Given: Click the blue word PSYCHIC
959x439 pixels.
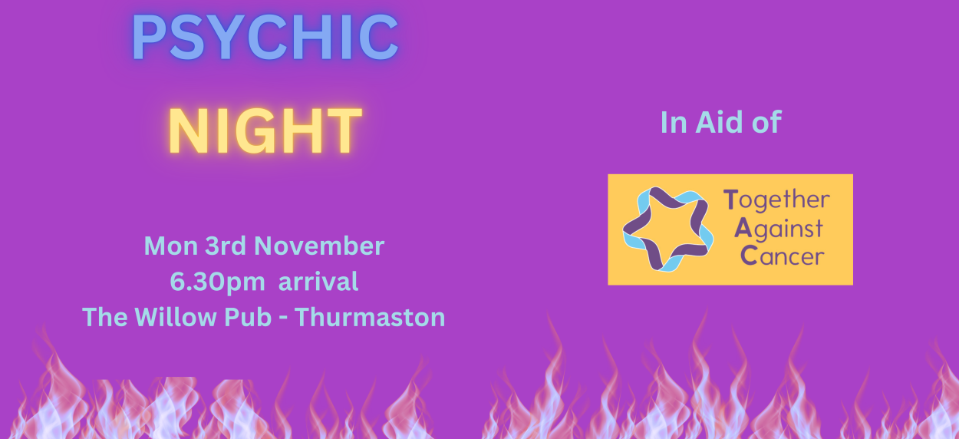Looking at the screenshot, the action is [x=265, y=38].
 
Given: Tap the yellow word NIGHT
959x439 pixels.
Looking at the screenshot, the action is [x=265, y=130].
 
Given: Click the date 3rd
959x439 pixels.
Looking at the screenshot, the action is [x=226, y=246].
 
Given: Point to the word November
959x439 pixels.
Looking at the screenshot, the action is [x=319, y=246].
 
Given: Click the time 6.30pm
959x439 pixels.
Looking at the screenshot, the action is [x=217, y=282].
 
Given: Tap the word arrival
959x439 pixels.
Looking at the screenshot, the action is [x=318, y=282].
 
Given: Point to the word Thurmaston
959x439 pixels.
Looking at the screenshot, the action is [x=370, y=317].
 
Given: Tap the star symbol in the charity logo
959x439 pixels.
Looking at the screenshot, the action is [x=668, y=229].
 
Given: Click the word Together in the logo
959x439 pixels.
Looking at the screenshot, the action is [x=776, y=200].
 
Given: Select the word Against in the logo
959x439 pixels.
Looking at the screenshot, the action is [x=779, y=229].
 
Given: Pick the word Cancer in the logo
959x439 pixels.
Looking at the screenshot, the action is [x=783, y=256].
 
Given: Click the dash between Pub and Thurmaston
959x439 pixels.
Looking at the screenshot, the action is [x=283, y=319].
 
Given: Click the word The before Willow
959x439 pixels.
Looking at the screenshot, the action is [x=105, y=317].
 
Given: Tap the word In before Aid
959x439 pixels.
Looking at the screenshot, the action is [x=674, y=122].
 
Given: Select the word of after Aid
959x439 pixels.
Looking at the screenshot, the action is [x=766, y=122].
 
